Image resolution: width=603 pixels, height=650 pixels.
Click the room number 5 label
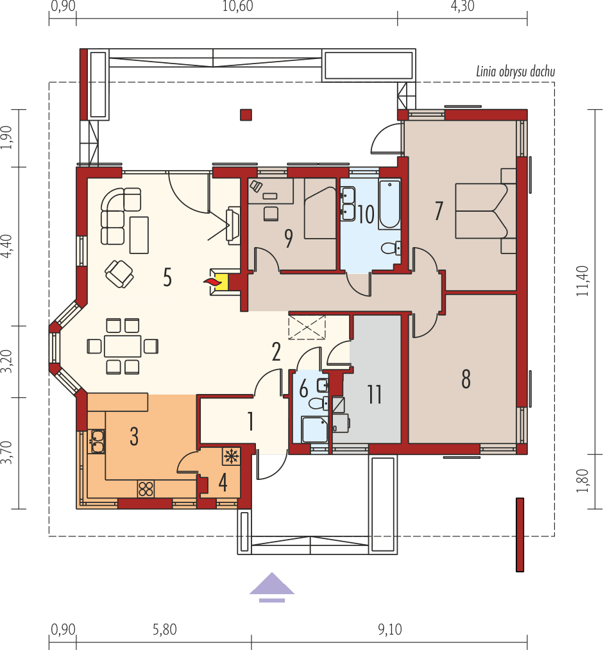click(x=167, y=278)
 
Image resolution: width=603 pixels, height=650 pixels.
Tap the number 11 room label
click(x=375, y=394)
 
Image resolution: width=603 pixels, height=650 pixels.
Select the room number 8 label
click(x=466, y=379)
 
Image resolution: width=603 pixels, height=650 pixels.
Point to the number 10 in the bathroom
click(x=366, y=214)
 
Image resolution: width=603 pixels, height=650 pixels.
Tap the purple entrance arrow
click(x=272, y=586)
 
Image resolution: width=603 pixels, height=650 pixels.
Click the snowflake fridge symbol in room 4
click(x=230, y=456)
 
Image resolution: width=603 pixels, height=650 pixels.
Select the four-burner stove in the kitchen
click(x=146, y=488)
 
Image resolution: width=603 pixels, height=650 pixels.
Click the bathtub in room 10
click(x=389, y=205)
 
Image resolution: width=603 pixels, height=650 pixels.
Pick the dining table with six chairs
click(x=123, y=346)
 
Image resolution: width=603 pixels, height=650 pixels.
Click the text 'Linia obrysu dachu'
click(x=515, y=71)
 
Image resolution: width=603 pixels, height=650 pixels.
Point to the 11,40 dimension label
click(x=582, y=282)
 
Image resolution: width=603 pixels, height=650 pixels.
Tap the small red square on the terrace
click(x=246, y=115)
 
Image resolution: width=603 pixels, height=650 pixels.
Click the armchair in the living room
click(x=119, y=273)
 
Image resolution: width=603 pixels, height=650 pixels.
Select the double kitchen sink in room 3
click(x=98, y=441)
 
